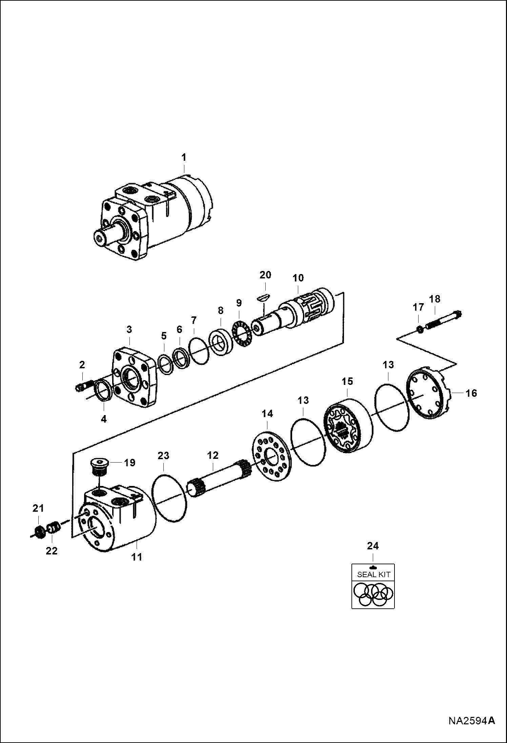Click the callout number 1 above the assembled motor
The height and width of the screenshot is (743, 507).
click(184, 158)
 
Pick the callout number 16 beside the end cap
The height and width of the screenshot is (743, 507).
click(471, 393)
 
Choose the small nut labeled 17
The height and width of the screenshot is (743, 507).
click(419, 329)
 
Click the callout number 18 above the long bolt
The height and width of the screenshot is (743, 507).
click(435, 299)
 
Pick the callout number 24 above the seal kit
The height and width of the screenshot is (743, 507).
click(373, 546)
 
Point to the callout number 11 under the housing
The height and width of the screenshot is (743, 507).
click(137, 557)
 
